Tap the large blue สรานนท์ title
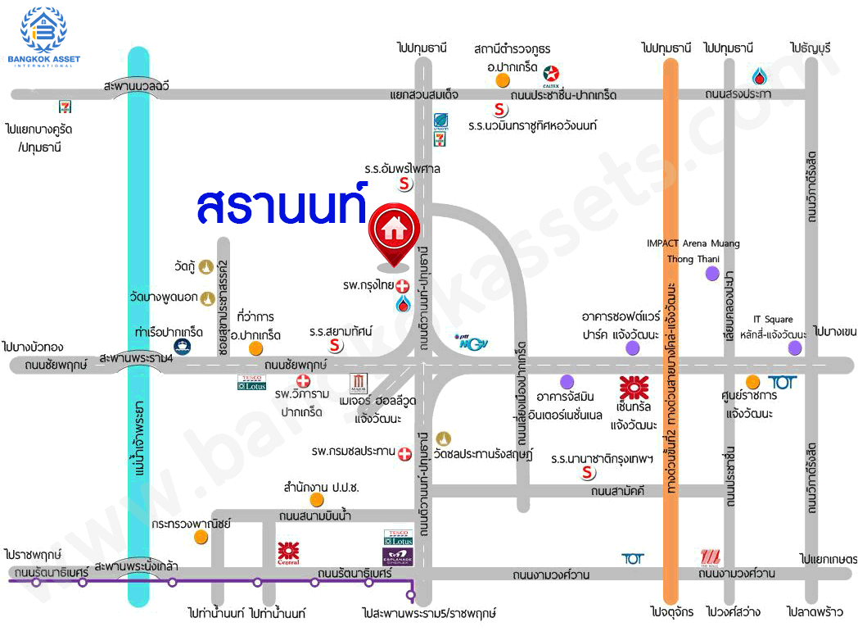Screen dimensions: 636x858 (282, 206)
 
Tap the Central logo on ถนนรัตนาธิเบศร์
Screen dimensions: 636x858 (288, 552)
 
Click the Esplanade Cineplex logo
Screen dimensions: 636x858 (399, 556)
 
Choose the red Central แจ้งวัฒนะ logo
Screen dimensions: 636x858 (633, 387)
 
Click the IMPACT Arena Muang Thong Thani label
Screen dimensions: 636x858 (693, 251)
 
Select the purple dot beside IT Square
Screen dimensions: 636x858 (794, 348)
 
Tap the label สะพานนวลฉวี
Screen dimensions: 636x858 (137, 84)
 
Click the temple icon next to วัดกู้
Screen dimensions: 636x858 (207, 266)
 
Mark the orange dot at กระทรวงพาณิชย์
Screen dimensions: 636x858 (201, 537)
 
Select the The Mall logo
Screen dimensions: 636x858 (710, 558)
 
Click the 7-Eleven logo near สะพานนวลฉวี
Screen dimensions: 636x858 (65, 107)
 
